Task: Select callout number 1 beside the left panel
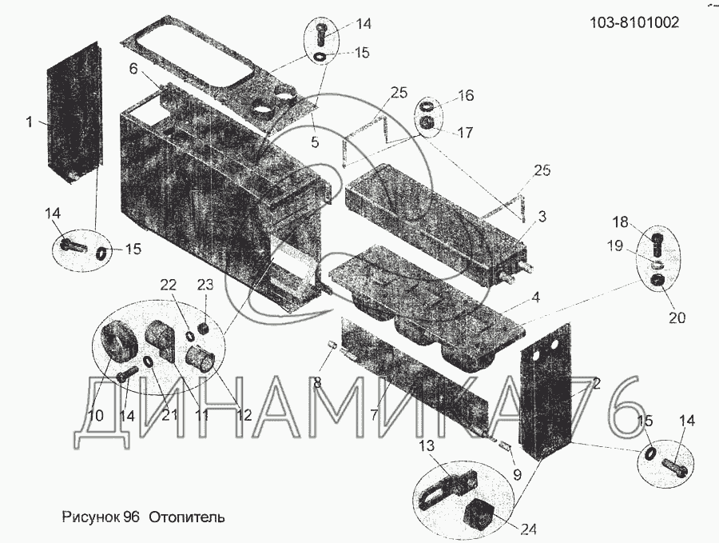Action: tap(29, 122)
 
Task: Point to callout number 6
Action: tap(133, 70)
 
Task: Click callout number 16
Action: tap(466, 96)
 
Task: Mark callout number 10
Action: tap(95, 416)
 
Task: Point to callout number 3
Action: tap(542, 215)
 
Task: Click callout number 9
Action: tap(517, 473)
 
